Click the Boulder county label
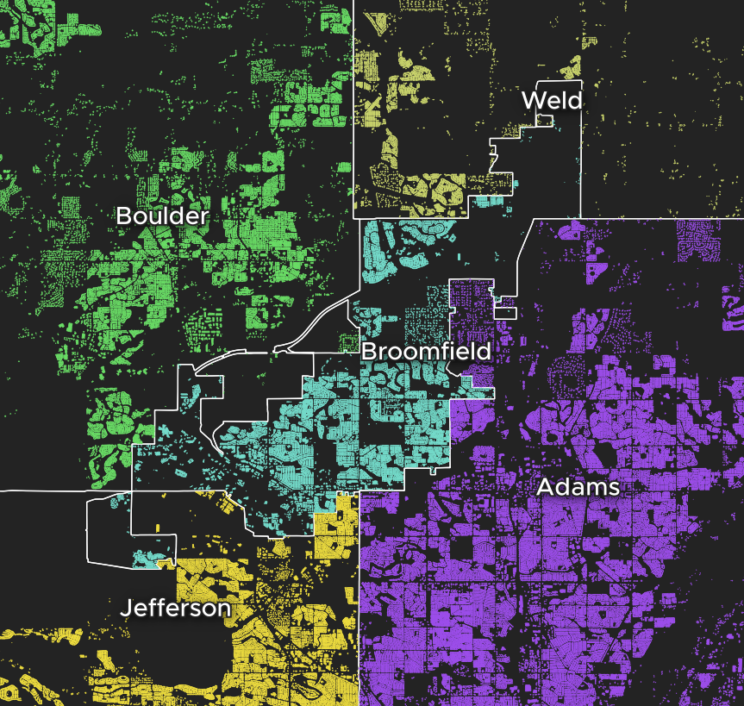pos(162,216)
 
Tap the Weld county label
pos(552,100)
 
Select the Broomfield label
pos(426,351)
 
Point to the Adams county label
pos(578,487)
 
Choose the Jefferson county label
pos(175,608)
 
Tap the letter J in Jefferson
pos(125,608)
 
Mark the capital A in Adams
pos(545,487)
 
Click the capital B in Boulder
pos(123,216)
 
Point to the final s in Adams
pos(613,488)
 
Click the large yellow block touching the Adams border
pos(335,526)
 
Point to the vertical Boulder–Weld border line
pos(354,103)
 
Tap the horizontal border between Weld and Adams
pos(655,217)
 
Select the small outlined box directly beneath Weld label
pos(543,122)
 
